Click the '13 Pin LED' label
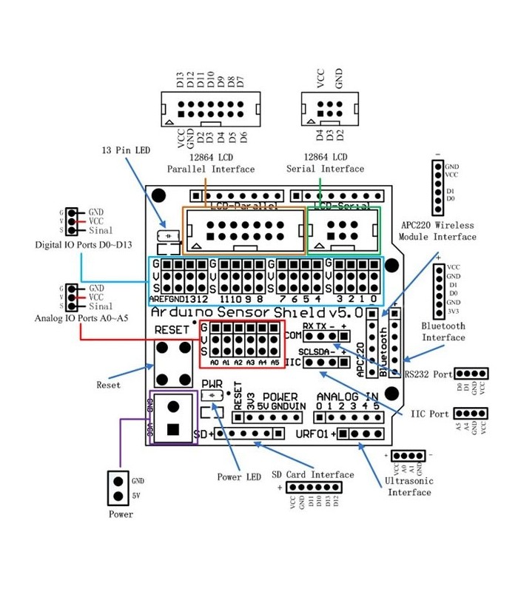(x=126, y=150)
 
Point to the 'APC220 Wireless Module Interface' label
(x=437, y=231)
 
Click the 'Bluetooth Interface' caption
(x=443, y=332)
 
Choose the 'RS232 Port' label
(x=428, y=374)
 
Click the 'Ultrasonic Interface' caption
(x=408, y=486)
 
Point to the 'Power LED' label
(x=238, y=477)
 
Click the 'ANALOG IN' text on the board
(x=347, y=397)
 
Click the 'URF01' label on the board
(x=312, y=434)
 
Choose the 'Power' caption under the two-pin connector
(x=121, y=514)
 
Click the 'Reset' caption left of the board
(x=108, y=385)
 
